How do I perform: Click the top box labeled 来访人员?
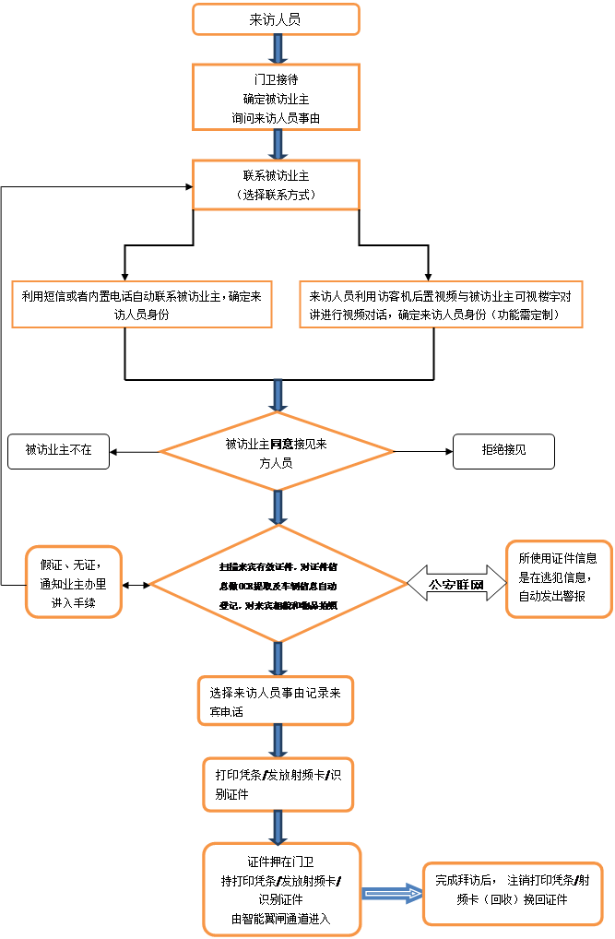click(276, 19)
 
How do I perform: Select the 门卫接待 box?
click(276, 96)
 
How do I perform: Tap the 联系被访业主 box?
click(276, 184)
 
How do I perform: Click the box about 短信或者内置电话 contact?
click(141, 303)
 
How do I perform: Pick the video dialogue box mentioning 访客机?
click(440, 303)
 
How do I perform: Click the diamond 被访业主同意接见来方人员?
click(276, 452)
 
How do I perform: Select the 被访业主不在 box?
click(58, 451)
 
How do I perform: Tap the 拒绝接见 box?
click(503, 451)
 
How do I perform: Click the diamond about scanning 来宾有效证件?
click(278, 584)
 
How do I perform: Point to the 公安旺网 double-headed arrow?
click(456, 584)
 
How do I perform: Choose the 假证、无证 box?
click(73, 582)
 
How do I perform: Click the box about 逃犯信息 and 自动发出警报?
click(558, 578)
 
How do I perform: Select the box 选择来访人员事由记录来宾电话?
click(276, 702)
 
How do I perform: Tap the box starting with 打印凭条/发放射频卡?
click(278, 784)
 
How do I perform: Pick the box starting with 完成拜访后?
click(514, 891)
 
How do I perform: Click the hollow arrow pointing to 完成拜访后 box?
click(391, 892)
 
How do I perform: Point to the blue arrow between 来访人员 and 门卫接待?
click(276, 49)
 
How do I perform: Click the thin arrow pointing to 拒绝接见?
click(423, 452)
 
